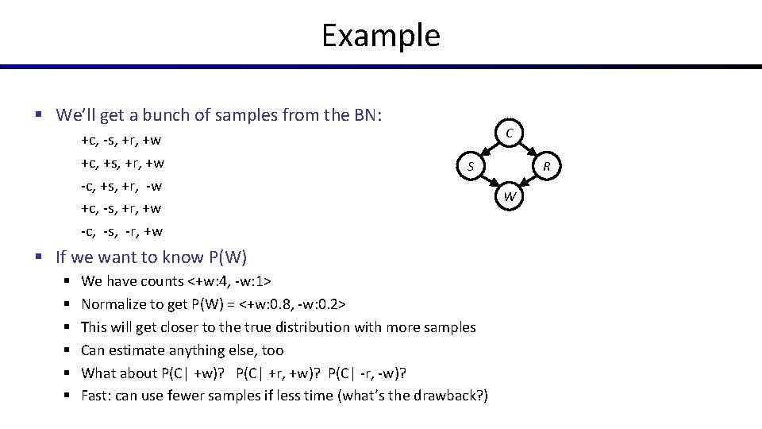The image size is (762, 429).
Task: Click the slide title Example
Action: pyautogui.click(x=380, y=36)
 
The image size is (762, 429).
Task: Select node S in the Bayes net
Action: pyautogui.click(x=470, y=166)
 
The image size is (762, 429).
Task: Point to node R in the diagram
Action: pyautogui.click(x=547, y=166)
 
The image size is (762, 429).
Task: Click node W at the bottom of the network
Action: pyautogui.click(x=510, y=196)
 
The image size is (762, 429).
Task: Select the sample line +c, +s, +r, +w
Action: pyautogui.click(x=122, y=164)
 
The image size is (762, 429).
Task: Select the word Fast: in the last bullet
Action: pyautogui.click(x=98, y=396)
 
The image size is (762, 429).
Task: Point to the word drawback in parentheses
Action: pyautogui.click(x=447, y=396)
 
